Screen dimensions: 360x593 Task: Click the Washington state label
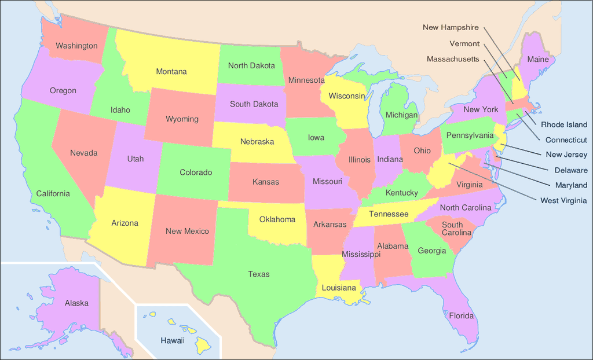[76, 46]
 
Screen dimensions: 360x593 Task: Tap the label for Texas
[259, 274]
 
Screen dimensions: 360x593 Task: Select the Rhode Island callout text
[564, 124]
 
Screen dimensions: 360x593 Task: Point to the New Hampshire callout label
[451, 27]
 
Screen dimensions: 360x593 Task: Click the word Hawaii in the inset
[173, 340]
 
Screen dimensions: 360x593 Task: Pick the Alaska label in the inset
[76, 303]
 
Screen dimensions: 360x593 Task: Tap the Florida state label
[462, 316]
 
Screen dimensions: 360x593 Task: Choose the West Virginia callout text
[563, 200]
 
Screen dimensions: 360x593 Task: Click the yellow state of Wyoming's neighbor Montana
[171, 72]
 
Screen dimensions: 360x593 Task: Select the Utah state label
[136, 159]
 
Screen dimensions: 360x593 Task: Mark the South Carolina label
[456, 229]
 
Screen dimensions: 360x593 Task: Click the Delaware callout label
[571, 170]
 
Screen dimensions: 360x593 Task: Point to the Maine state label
[537, 60]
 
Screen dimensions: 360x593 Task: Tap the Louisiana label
[339, 288]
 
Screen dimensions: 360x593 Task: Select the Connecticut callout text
[566, 140]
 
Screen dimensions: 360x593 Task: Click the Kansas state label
[266, 182]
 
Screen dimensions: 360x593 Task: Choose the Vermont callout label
[464, 43]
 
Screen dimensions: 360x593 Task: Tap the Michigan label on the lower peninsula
[401, 115]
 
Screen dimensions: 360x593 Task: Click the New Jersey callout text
[566, 155]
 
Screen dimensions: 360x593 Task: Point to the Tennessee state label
[389, 214]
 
